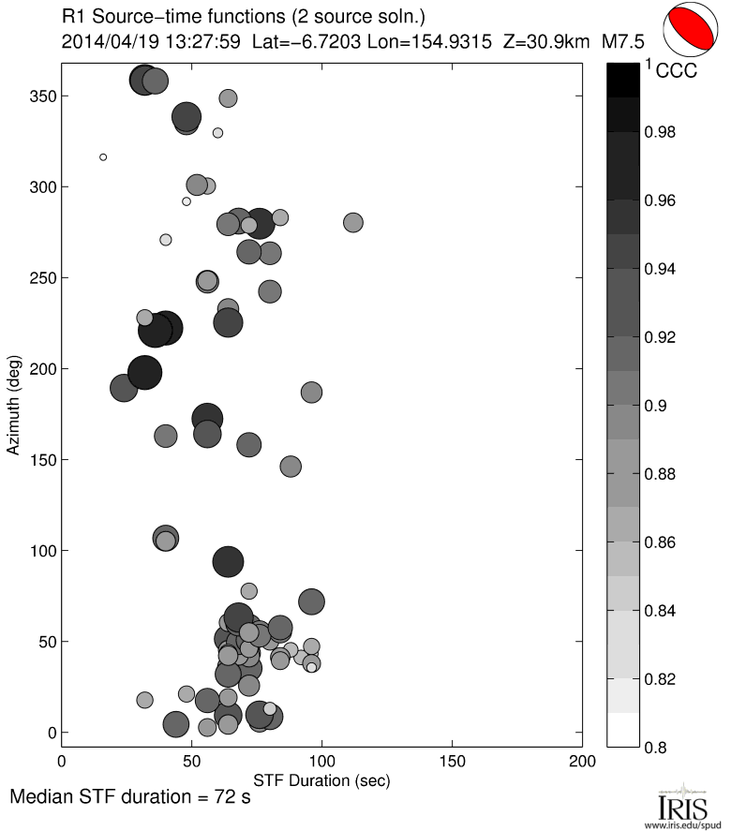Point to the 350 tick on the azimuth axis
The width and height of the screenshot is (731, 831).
[x=62, y=96]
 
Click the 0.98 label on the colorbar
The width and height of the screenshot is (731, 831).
[x=662, y=133]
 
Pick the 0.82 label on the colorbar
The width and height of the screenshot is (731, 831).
[x=662, y=678]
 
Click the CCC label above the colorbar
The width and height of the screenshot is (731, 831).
[x=676, y=70]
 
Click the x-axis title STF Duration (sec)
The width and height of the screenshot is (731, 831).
[x=321, y=779]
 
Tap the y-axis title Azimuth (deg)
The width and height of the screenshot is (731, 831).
[x=14, y=406]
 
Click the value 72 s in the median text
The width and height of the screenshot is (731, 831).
[x=232, y=798]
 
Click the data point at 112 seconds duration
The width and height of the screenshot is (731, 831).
[x=352, y=223]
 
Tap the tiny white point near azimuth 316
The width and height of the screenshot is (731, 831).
[x=103, y=157]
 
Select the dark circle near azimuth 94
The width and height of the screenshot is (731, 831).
[x=228, y=562]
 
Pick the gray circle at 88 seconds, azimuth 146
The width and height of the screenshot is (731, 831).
[x=291, y=467]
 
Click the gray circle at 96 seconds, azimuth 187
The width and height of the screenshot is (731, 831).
[x=311, y=393]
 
